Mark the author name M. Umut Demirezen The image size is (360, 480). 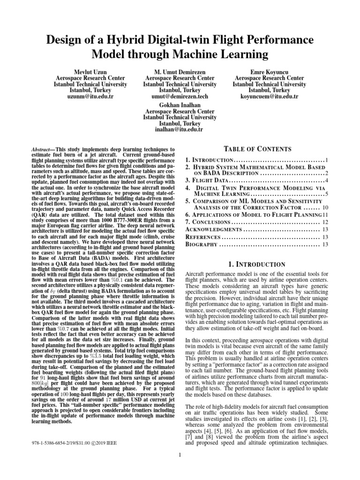coord(174,71)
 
